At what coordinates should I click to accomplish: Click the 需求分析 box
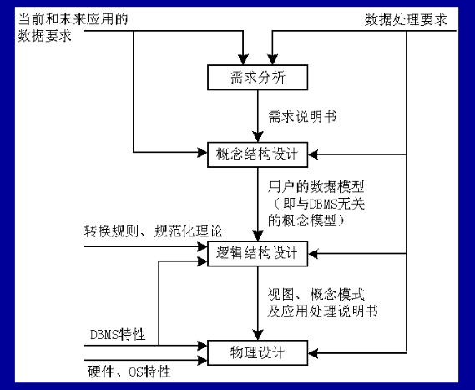257,78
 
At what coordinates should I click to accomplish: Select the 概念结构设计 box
257,154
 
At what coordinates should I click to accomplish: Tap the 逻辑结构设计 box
257,254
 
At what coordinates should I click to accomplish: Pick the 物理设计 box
257,352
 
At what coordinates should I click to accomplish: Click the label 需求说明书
302,116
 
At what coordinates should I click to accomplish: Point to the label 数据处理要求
406,20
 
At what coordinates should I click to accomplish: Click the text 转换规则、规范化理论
154,231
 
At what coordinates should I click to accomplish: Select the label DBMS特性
118,335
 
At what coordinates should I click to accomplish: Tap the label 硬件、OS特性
129,372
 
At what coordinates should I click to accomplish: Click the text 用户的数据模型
316,187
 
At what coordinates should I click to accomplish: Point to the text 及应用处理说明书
322,311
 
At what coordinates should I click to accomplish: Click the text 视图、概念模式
316,294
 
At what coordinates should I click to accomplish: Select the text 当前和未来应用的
73,19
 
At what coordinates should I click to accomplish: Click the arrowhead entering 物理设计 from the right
313,353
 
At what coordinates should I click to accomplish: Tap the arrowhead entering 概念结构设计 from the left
202,152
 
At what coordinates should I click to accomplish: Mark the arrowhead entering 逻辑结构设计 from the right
313,254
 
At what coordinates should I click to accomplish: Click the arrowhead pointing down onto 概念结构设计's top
258,137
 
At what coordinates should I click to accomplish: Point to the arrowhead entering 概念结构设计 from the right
313,154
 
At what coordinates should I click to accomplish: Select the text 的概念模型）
306,220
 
